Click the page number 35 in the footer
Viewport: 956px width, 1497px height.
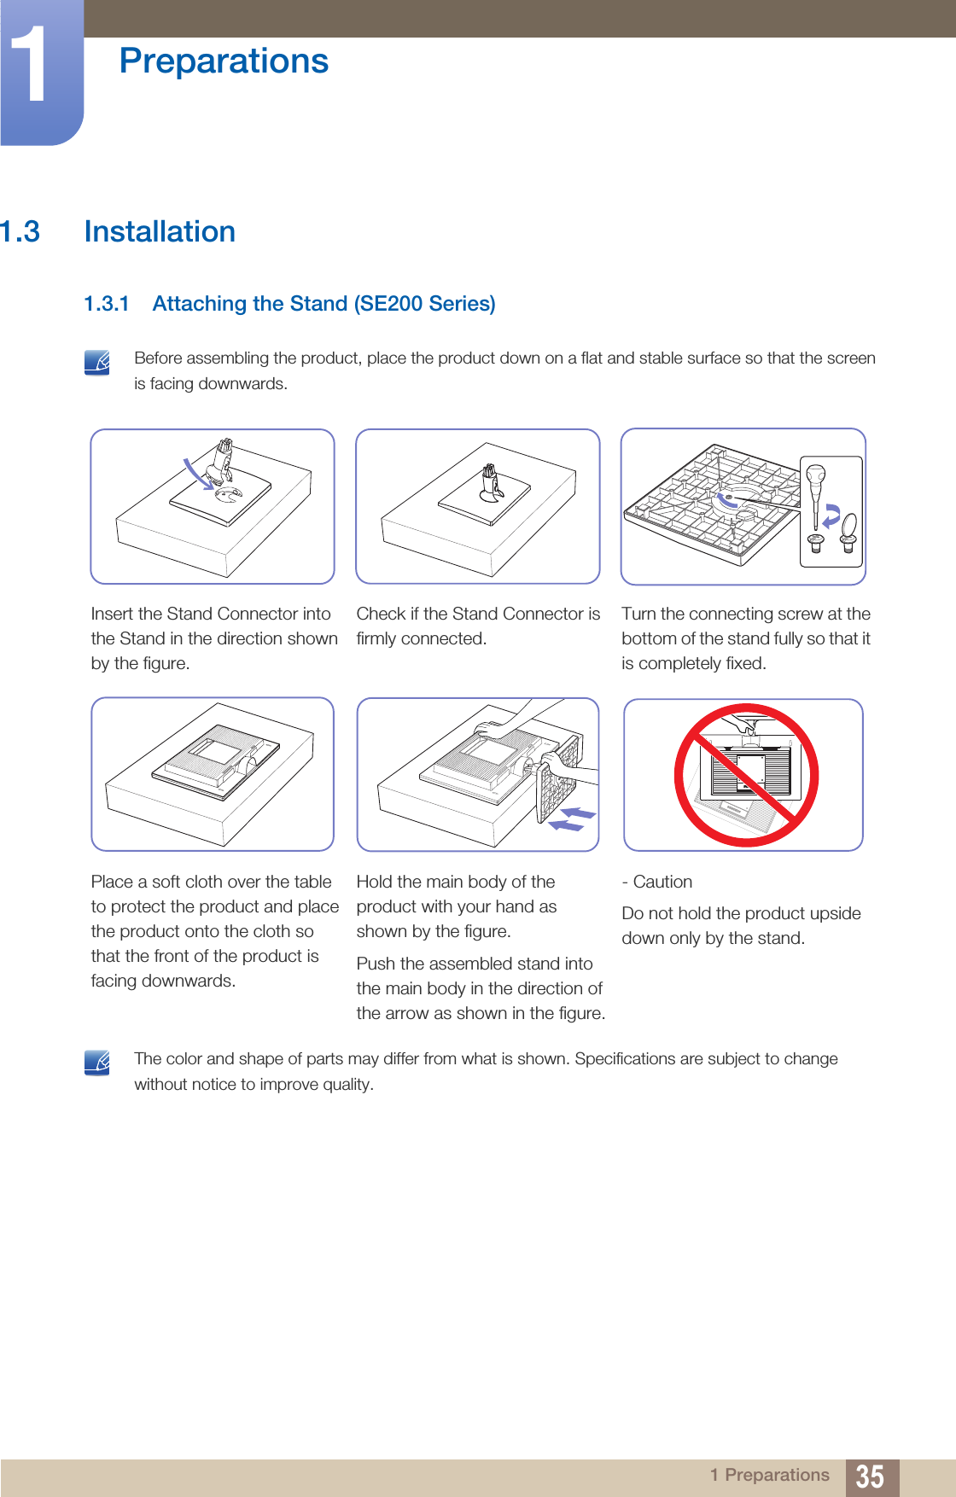870,1477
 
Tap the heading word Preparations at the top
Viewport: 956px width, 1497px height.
224,61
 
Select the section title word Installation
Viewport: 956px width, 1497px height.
160,231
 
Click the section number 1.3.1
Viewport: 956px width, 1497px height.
107,304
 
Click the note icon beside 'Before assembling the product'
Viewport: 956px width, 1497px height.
97,363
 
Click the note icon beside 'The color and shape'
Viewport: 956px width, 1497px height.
97,1063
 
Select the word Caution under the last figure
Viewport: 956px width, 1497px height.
662,882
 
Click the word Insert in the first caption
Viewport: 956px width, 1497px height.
112,614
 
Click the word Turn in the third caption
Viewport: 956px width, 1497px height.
638,614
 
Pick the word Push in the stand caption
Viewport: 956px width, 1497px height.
376,964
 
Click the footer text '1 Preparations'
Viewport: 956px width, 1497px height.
770,1475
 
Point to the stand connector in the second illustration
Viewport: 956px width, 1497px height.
491,483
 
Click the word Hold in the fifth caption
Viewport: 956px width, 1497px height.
375,882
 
